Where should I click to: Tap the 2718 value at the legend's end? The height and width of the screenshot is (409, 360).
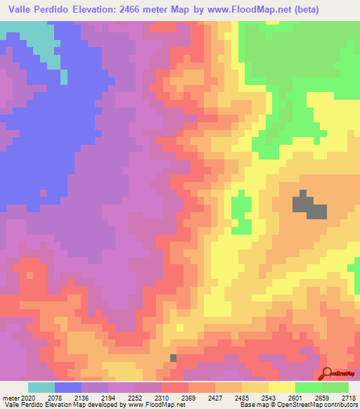click(349, 397)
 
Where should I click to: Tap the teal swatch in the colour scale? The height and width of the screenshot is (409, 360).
click(41, 387)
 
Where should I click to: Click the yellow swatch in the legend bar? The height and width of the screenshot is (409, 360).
click(282, 387)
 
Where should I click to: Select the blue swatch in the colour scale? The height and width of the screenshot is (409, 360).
click(68, 387)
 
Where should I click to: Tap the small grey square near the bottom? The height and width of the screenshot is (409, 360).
click(173, 358)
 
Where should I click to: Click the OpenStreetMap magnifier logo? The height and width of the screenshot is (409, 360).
click(326, 373)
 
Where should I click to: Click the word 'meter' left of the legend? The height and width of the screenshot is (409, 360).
click(13, 397)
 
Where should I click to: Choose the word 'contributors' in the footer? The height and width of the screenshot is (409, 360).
click(340, 405)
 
